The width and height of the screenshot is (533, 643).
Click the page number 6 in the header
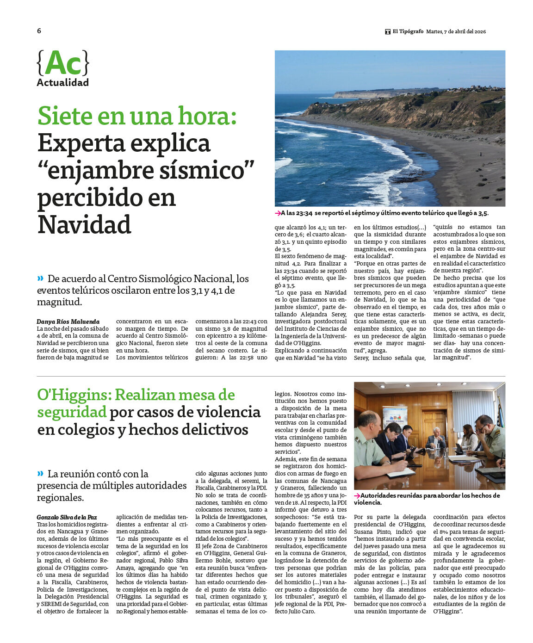(39, 31)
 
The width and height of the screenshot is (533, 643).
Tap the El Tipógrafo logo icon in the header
(388, 31)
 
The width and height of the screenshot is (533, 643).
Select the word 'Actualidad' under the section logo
(63, 83)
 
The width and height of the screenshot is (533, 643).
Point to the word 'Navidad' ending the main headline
(84, 225)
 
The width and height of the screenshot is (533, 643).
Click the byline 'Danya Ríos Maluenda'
(68, 321)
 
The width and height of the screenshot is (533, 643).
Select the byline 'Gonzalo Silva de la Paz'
(67, 517)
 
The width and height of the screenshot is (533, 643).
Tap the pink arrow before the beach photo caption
(278, 213)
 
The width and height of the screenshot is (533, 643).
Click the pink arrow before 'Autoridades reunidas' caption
(357, 495)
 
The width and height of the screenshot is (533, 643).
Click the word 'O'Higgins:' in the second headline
(74, 395)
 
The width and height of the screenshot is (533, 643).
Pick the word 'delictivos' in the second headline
(217, 430)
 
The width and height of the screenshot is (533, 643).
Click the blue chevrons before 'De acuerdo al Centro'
(40, 278)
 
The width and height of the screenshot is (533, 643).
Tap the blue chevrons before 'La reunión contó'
(40, 474)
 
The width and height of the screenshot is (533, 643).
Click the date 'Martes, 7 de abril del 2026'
(456, 31)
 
